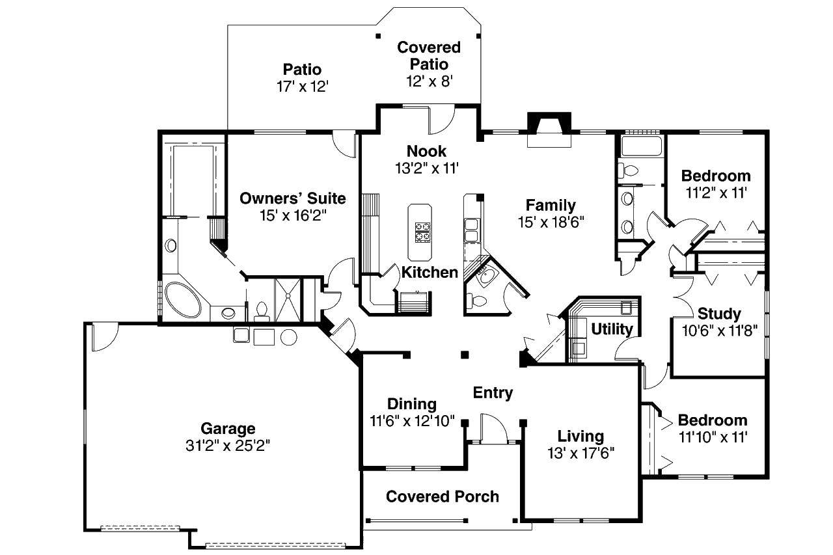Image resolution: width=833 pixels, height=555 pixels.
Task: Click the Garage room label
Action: pos(228,429)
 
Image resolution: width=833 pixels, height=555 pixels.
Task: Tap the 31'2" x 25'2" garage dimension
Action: pos(228,445)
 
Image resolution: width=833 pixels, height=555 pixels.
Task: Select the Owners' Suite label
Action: pos(293,198)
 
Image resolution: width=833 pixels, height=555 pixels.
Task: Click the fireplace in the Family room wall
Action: pos(549,129)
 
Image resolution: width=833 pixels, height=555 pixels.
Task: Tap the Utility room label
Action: pos(612,329)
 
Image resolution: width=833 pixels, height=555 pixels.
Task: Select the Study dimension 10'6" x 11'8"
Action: pos(720,331)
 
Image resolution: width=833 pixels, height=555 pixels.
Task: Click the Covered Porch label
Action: pos(443,496)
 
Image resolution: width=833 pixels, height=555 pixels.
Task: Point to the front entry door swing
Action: pos(494,428)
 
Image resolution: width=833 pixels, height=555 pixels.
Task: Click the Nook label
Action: pos(426,152)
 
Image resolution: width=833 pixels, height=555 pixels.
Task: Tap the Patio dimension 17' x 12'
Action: pos(303,87)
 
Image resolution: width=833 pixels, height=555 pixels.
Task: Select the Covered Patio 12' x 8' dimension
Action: pos(429,81)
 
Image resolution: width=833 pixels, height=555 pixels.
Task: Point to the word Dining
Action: pos(412,405)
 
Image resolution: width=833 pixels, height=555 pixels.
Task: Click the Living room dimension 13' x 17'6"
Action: pos(581,453)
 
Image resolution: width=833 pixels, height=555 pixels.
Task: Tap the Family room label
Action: pos(551,205)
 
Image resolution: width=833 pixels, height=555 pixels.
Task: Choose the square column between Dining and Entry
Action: pos(465,355)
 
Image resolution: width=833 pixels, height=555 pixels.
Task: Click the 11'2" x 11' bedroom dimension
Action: pos(717,193)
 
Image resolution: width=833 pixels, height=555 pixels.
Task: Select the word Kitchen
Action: pos(430,273)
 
